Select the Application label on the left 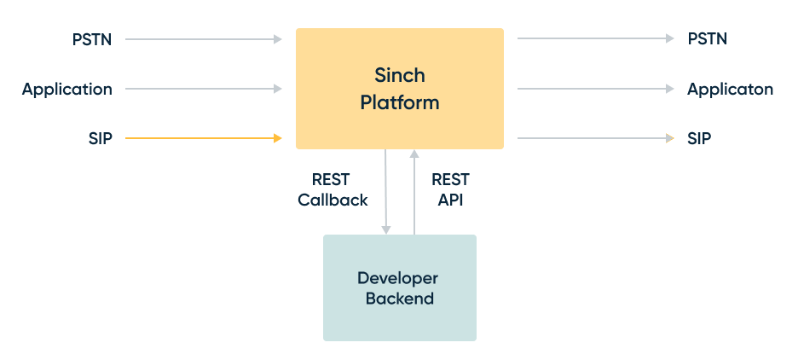click(x=67, y=89)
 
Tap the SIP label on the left click(x=100, y=138)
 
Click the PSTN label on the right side click(x=708, y=39)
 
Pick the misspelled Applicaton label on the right click(x=730, y=89)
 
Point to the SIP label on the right click(x=699, y=138)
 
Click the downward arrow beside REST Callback click(x=386, y=191)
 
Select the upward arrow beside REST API click(x=414, y=191)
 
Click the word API click(x=448, y=200)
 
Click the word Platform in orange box click(x=400, y=103)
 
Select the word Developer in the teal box click(x=397, y=279)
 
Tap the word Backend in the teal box click(x=400, y=299)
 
